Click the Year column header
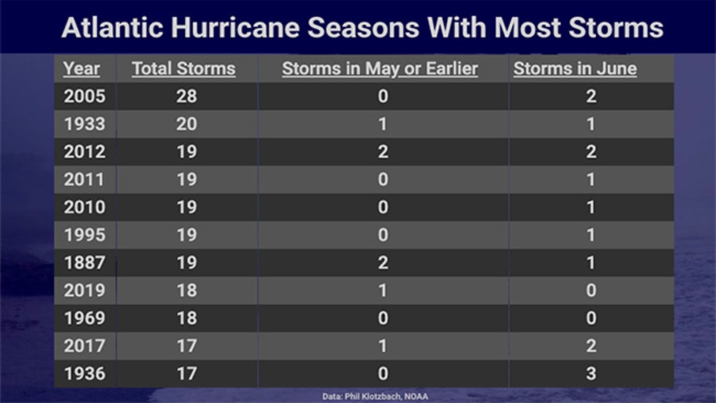pyautogui.click(x=81, y=69)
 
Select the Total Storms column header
pyautogui.click(x=184, y=69)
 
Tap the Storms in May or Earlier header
pyautogui.click(x=380, y=69)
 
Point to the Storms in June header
pyautogui.click(x=575, y=69)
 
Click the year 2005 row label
pyautogui.click(x=85, y=97)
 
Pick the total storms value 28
pyautogui.click(x=187, y=97)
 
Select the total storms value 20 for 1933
pyautogui.click(x=187, y=124)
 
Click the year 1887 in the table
pyautogui.click(x=85, y=263)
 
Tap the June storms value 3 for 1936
pyautogui.click(x=591, y=374)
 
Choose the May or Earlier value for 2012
pyautogui.click(x=383, y=151)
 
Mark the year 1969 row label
pyautogui.click(x=85, y=318)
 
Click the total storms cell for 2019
pyautogui.click(x=187, y=290)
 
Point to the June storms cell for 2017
pyautogui.click(x=591, y=346)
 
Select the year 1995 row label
pyautogui.click(x=85, y=235)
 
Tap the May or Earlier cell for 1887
pyautogui.click(x=383, y=263)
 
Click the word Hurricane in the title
pyautogui.click(x=235, y=27)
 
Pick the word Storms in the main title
pyautogui.click(x=615, y=27)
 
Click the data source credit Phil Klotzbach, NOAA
pyautogui.click(x=386, y=396)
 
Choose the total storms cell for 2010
pyautogui.click(x=187, y=207)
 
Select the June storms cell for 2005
pyautogui.click(x=591, y=97)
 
